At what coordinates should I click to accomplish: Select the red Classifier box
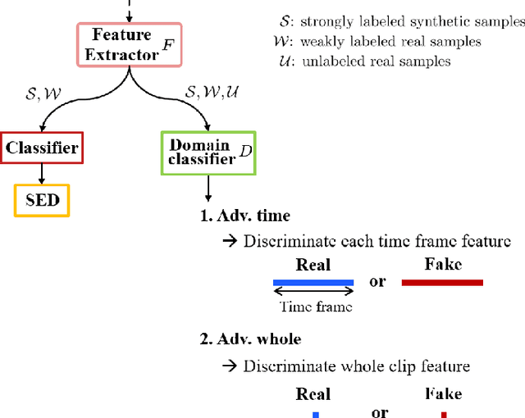click(41, 148)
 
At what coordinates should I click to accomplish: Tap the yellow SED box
click(42, 200)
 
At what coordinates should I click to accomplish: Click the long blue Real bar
click(313, 282)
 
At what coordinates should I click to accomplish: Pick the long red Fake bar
click(442, 283)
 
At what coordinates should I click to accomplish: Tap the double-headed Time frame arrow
click(313, 291)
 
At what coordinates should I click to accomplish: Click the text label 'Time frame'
click(316, 307)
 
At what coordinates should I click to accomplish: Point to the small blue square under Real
click(314, 414)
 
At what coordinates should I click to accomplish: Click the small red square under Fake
click(443, 414)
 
